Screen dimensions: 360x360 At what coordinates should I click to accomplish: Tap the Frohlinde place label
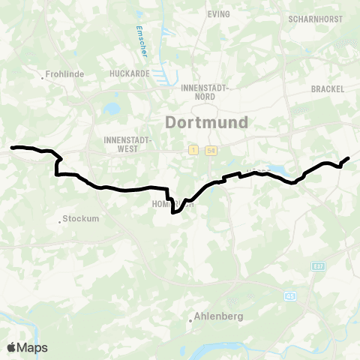coord(66,75)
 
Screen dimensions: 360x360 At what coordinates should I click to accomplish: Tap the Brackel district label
coord(327,88)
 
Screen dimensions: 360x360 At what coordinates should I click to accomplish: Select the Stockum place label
coord(80,220)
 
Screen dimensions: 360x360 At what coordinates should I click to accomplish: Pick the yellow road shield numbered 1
coord(193,151)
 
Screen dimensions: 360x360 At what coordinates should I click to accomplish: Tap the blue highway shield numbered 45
coord(289,297)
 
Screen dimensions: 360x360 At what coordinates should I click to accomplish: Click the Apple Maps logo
coord(27,347)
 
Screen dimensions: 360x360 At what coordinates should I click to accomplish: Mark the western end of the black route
coord(12,148)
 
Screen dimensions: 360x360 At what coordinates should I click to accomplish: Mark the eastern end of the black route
coord(349,157)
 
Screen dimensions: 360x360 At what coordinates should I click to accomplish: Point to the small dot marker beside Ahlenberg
coord(191,320)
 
